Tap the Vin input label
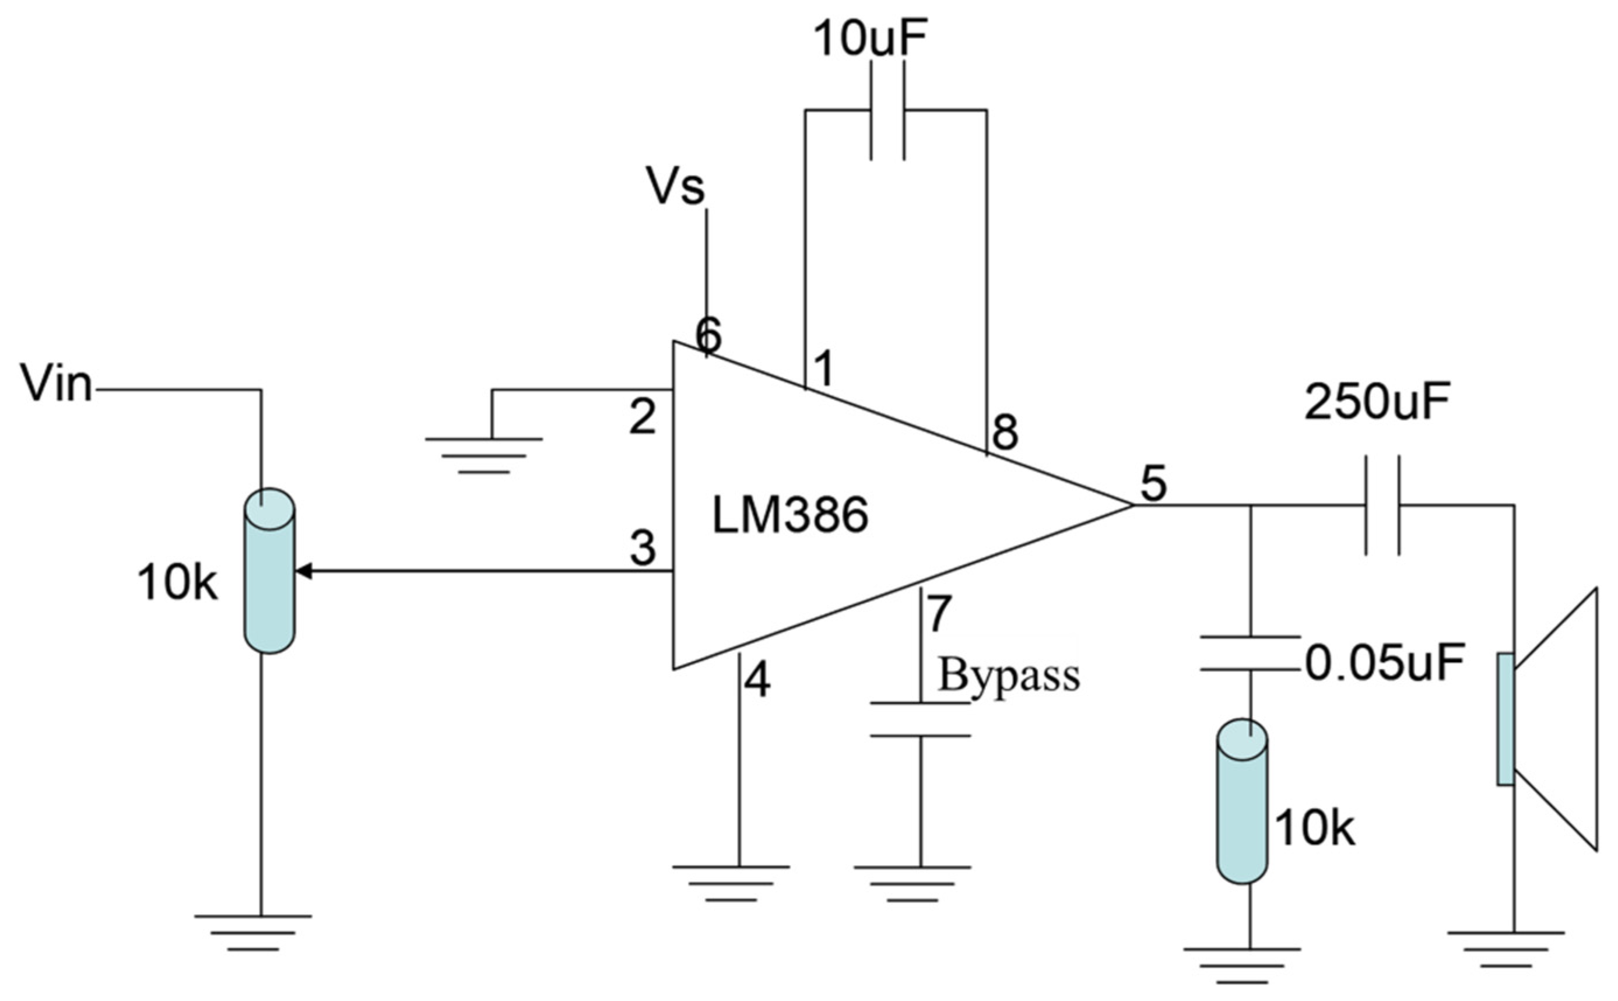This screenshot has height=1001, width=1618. (57, 382)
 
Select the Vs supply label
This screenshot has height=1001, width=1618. (675, 187)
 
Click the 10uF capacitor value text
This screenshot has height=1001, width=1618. (870, 39)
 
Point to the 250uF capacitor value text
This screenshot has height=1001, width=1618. (1377, 401)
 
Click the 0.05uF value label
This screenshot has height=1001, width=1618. (1384, 663)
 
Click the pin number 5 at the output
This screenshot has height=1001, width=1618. (1153, 484)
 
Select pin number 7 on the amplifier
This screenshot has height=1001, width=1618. (939, 614)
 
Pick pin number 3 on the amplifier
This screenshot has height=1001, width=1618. (642, 547)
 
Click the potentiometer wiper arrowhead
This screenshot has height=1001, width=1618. (303, 571)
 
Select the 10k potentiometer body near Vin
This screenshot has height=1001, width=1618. (269, 571)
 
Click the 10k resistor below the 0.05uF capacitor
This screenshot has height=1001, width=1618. (1242, 802)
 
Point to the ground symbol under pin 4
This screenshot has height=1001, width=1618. (731, 883)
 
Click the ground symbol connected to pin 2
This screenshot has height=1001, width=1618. (484, 455)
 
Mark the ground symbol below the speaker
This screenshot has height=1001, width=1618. (1505, 949)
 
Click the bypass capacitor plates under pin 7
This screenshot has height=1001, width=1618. (919, 719)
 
